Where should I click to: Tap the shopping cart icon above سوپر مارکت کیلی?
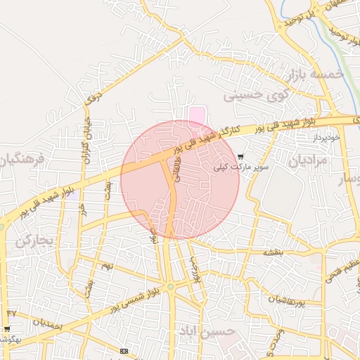point(240,157)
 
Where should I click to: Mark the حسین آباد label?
point(205,330)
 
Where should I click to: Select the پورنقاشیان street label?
point(284,300)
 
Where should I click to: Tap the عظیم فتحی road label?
point(342,270)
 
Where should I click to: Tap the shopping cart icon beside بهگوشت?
point(7,328)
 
